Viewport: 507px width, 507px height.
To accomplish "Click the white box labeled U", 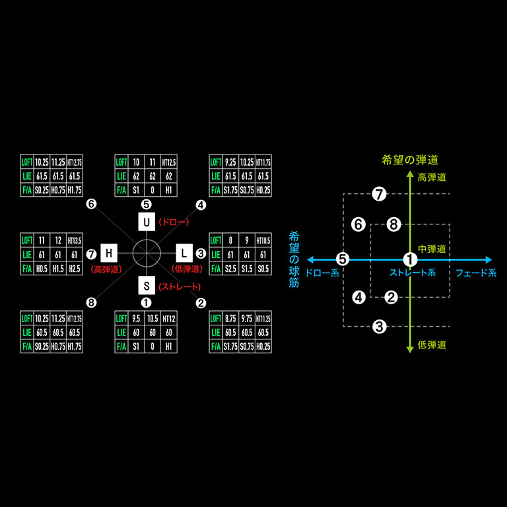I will coord(146,222).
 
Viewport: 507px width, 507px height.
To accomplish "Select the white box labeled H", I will coord(109,253).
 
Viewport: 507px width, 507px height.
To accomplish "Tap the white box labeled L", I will coord(184,253).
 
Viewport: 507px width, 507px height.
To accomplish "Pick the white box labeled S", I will coord(146,285).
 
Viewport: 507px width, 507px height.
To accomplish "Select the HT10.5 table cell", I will coord(262,240).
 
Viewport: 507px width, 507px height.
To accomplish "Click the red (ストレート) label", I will coord(180,286).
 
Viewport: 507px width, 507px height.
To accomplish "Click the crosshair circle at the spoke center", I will coord(146,253).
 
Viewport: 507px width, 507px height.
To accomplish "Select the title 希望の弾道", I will coord(410,160).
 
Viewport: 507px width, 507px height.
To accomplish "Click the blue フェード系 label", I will coord(475,273).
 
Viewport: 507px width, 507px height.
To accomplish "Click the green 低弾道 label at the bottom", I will coord(432,345).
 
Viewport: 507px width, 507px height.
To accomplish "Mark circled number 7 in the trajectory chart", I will coord(378,194).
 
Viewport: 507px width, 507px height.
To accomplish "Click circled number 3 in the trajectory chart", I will coord(379,326).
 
